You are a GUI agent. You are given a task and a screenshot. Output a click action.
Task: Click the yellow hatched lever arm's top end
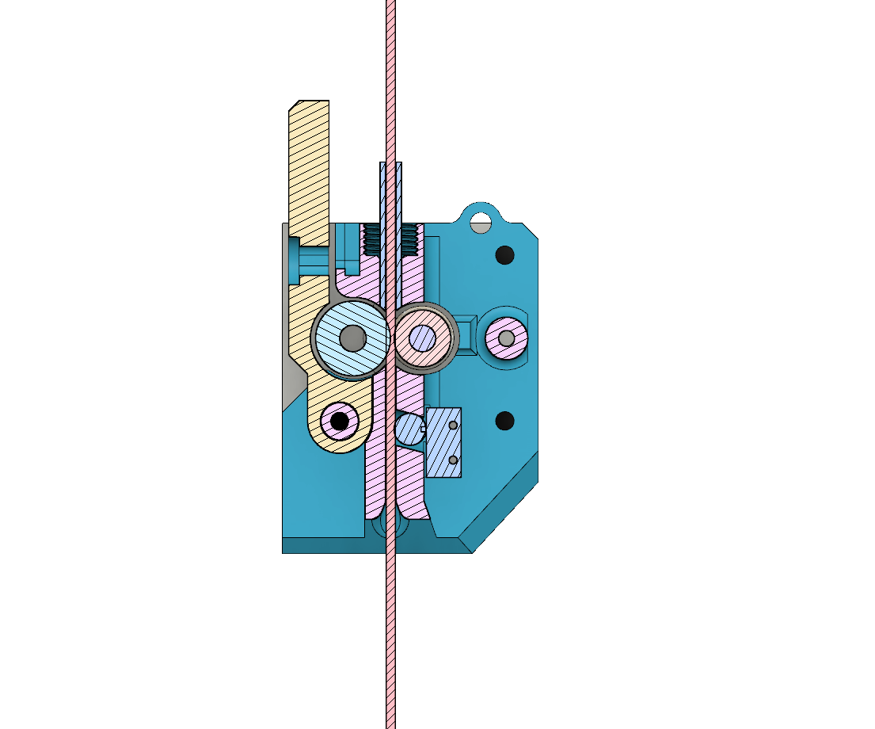309,119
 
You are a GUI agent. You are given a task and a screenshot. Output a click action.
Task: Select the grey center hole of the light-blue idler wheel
352,338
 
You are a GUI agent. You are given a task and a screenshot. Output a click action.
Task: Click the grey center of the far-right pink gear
507,338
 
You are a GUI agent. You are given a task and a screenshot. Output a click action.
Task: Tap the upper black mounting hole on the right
504,255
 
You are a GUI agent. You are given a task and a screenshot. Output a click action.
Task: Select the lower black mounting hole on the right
504,420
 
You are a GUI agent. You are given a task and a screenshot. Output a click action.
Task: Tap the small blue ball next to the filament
408,429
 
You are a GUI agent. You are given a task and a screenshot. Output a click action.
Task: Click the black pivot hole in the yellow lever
340,420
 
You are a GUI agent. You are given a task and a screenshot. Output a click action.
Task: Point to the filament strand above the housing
390,79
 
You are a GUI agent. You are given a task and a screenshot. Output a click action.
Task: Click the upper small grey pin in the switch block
453,426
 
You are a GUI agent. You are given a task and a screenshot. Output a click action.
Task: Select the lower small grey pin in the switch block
453,460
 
